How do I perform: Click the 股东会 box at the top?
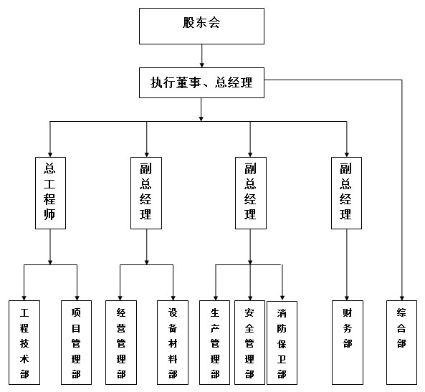[201, 26]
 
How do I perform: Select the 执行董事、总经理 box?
[201, 82]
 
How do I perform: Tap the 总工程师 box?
[50, 193]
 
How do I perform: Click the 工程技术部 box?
[24, 343]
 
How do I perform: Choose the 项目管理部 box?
[76, 343]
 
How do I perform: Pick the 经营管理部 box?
[121, 343]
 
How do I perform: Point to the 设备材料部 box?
[173, 343]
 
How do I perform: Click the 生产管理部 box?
[215, 343]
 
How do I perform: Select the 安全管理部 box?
[249, 343]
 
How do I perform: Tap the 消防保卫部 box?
[282, 343]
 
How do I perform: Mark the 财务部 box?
[348, 343]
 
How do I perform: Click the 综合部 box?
[401, 343]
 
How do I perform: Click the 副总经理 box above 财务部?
[346, 193]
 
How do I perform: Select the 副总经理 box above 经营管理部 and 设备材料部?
[146, 193]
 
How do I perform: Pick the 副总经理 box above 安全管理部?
[251, 193]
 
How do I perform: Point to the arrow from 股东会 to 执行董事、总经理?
[201, 56]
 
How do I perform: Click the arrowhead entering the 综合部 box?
[401, 298]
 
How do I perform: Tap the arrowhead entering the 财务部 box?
[347, 298]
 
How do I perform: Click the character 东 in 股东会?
[201, 22]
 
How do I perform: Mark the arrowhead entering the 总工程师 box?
[50, 155]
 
